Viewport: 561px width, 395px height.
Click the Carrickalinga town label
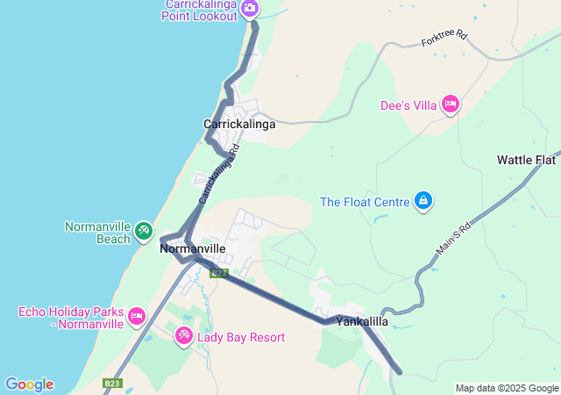[x=239, y=125]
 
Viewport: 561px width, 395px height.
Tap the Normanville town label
[x=194, y=249]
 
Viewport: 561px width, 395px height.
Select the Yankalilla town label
[x=362, y=322]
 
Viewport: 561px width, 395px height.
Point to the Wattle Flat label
[x=526, y=160]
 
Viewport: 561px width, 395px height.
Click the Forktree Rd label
[x=444, y=40]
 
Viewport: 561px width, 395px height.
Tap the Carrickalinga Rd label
[x=219, y=174]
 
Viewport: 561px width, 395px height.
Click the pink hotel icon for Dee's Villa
[x=451, y=104]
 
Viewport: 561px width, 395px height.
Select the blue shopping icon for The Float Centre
[x=423, y=202]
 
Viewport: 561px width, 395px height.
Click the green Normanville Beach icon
[x=143, y=232]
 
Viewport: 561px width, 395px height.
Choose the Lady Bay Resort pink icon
[x=183, y=335]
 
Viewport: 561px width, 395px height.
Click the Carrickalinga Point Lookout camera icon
[x=249, y=9]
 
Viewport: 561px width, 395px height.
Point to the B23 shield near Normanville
[x=219, y=273]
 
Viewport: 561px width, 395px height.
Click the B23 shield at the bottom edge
[x=111, y=384]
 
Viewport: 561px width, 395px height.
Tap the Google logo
[x=29, y=384]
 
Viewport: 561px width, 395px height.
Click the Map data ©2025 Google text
[x=507, y=388]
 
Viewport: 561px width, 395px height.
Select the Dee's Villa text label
[x=408, y=105]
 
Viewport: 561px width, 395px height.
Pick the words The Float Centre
[x=365, y=202]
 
